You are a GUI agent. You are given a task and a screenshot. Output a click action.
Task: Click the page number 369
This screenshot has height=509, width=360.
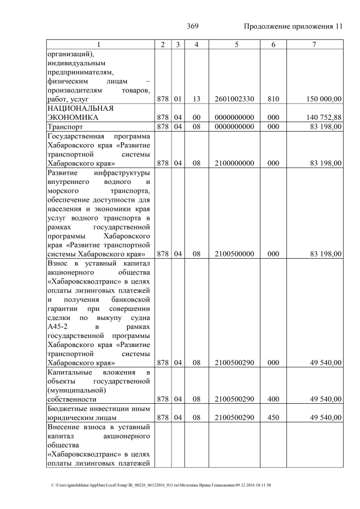click(193, 26)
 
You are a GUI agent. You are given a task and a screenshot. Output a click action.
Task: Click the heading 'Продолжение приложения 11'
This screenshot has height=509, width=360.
click(292, 26)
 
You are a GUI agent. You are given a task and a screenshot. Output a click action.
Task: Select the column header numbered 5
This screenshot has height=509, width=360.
click(234, 44)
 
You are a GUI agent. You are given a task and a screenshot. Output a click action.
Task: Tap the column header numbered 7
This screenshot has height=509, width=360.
click(314, 44)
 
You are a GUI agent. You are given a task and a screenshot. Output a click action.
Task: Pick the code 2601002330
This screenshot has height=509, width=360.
click(234, 99)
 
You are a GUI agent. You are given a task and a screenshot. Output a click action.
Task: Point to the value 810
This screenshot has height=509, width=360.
click(273, 99)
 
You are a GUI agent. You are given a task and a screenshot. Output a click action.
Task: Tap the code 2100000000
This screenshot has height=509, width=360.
click(234, 164)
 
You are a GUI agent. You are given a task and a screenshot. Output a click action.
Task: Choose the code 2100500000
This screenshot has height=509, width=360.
click(234, 254)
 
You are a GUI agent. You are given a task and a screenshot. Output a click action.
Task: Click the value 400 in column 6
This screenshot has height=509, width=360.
click(273, 399)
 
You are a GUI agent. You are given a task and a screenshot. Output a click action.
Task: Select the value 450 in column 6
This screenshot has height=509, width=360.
click(273, 418)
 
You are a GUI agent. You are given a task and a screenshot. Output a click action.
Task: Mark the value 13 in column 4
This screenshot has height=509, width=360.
click(196, 99)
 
